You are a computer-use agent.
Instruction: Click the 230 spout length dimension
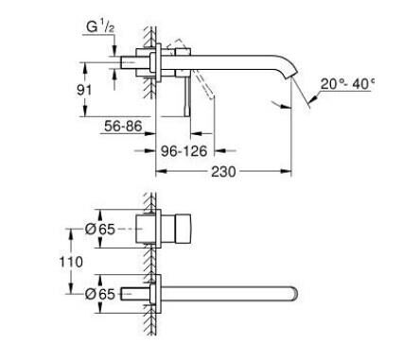(222, 172)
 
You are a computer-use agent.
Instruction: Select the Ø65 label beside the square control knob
(101, 228)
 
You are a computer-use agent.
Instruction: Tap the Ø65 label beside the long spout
(101, 294)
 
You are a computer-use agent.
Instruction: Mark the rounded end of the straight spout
(296, 292)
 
